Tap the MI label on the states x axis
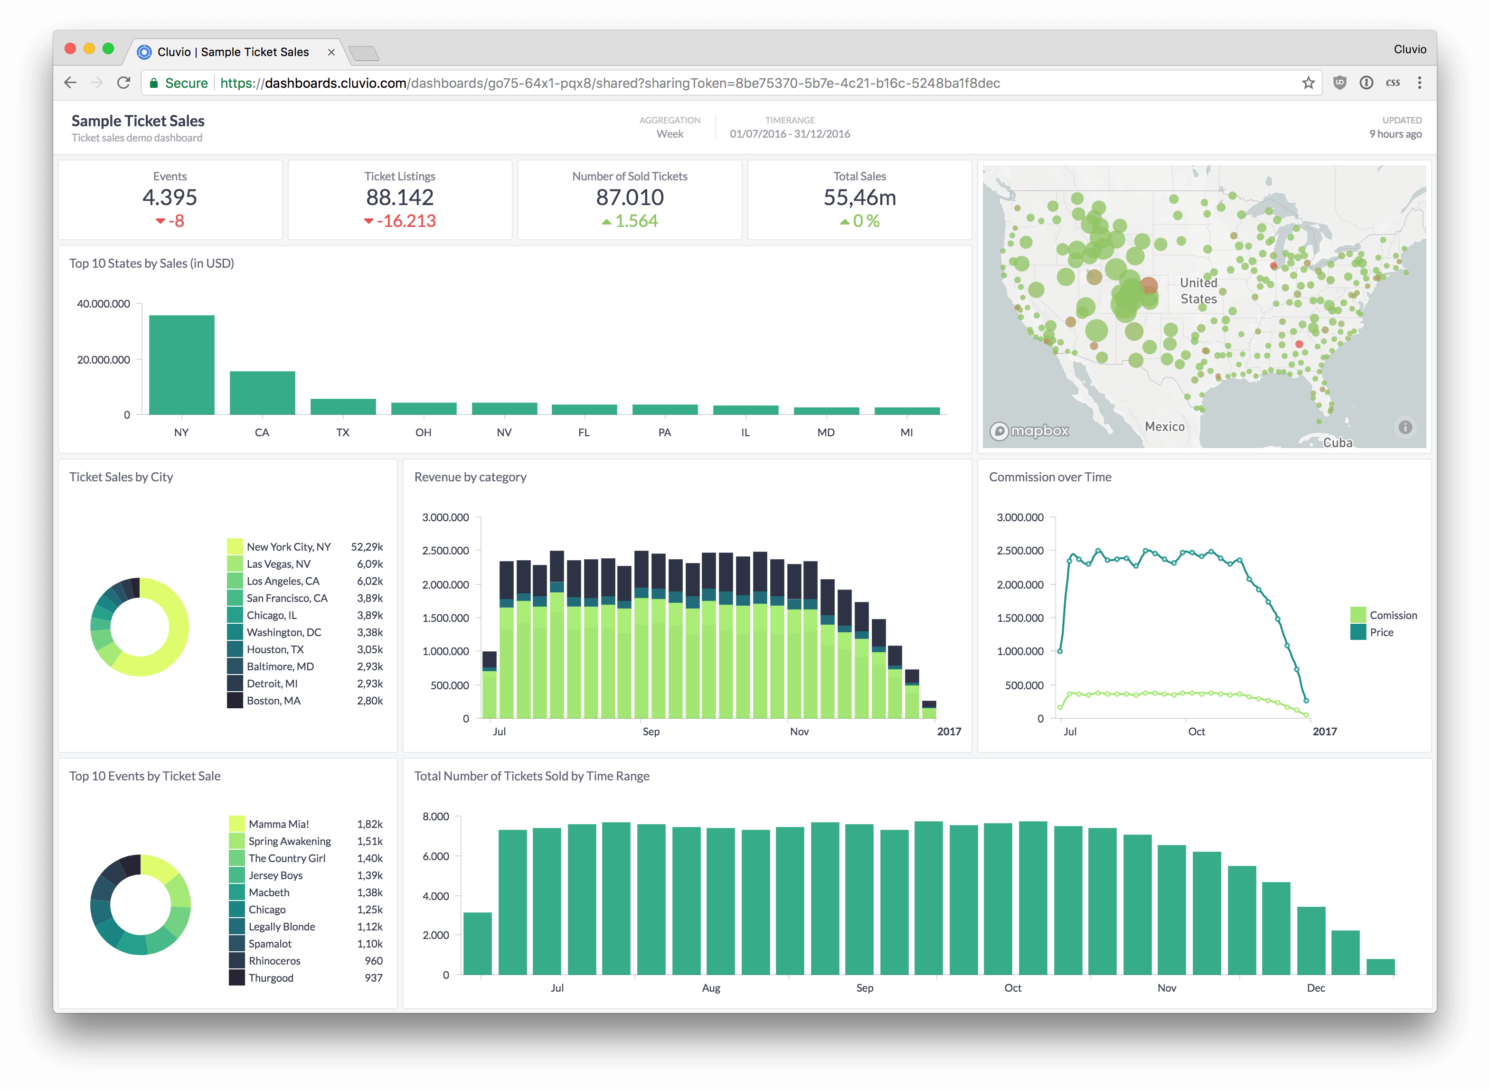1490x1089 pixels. pyautogui.click(x=906, y=432)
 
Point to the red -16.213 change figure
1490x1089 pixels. pyautogui.click(x=406, y=221)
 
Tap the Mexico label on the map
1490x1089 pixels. pyautogui.click(x=1164, y=426)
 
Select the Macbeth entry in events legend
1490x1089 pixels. pyautogui.click(x=269, y=892)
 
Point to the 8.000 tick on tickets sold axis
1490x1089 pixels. pyautogui.click(x=436, y=816)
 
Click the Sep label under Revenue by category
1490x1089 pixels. pyautogui.click(x=651, y=732)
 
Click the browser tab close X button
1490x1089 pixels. pyautogui.click(x=331, y=52)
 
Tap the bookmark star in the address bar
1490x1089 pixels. pyautogui.click(x=1308, y=83)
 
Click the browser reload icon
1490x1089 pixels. pyautogui.click(x=123, y=83)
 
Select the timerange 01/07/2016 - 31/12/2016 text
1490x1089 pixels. pyautogui.click(x=789, y=134)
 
